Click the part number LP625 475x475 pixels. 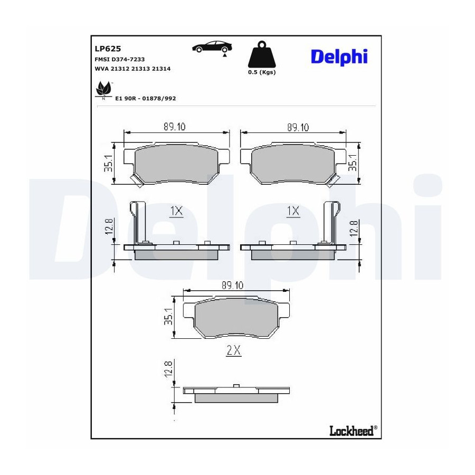tap(108, 49)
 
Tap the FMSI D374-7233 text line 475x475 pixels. tap(120, 59)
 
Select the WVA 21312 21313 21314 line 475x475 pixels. tap(132, 69)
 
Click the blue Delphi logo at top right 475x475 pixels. tap(339, 57)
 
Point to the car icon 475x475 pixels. tap(212, 47)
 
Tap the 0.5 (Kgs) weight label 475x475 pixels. tap(262, 72)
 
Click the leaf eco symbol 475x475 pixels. tap(103, 90)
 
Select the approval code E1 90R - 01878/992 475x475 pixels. tap(146, 98)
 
